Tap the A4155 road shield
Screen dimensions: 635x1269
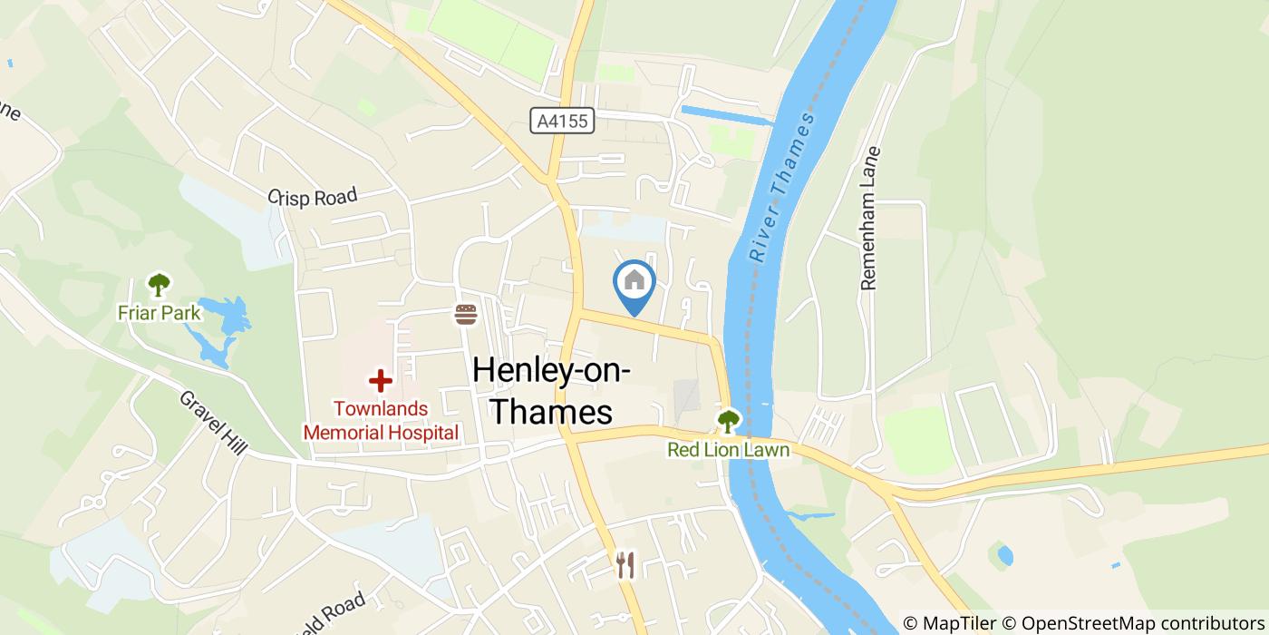562,122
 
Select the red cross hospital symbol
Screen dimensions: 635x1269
380,381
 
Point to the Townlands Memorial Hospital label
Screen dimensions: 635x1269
381,421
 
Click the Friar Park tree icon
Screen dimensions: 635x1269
160,285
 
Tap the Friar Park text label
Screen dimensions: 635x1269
160,313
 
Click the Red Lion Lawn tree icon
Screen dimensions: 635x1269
728,421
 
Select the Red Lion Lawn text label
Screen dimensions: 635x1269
728,450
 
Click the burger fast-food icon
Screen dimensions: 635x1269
466,315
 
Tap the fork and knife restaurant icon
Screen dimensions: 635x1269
625,565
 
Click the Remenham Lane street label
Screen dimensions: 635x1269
869,219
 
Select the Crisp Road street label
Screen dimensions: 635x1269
313,195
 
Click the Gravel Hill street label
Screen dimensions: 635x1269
213,424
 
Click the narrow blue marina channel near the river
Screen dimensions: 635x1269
725,115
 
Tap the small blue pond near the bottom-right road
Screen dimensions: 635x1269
1005,554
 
